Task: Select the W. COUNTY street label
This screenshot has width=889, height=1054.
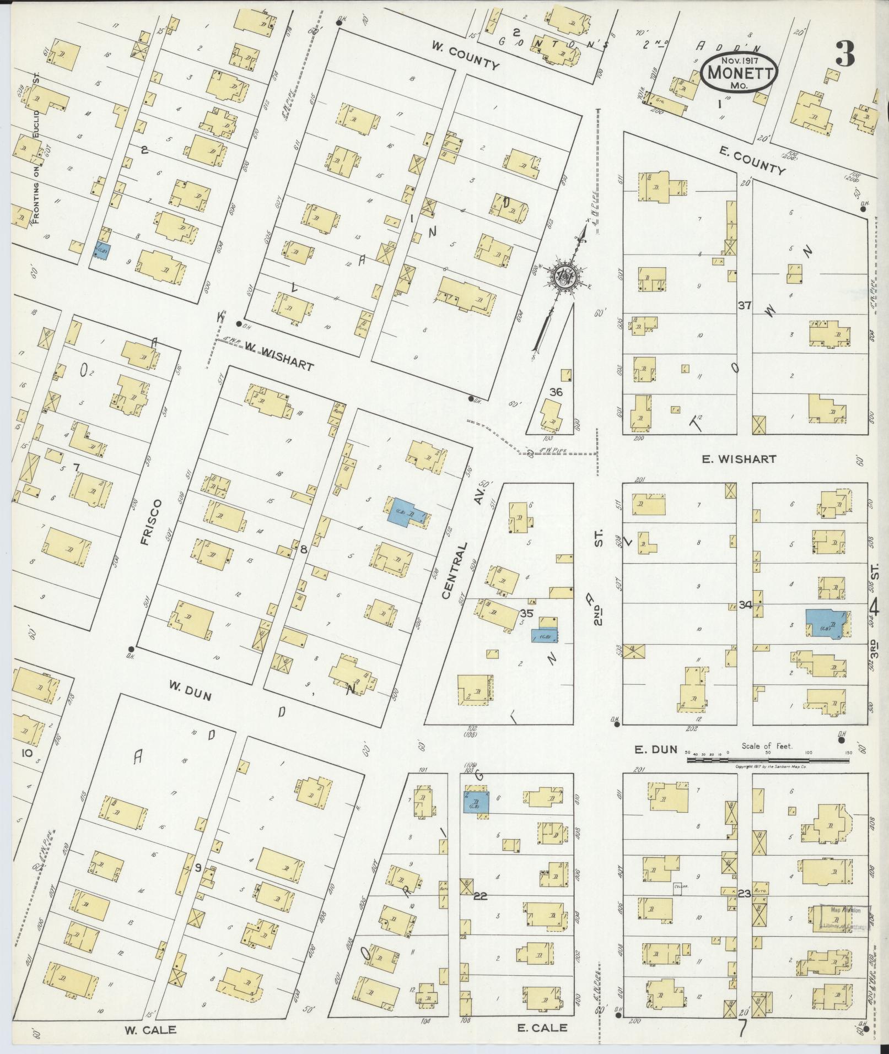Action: pyautogui.click(x=465, y=57)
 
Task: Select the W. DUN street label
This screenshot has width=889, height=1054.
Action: pyautogui.click(x=190, y=695)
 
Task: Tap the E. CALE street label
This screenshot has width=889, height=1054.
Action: pyautogui.click(x=542, y=1027)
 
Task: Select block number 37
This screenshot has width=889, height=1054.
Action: pyautogui.click(x=744, y=305)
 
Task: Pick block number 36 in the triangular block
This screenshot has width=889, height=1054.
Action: pyautogui.click(x=556, y=392)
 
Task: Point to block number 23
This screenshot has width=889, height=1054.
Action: pyautogui.click(x=744, y=894)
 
